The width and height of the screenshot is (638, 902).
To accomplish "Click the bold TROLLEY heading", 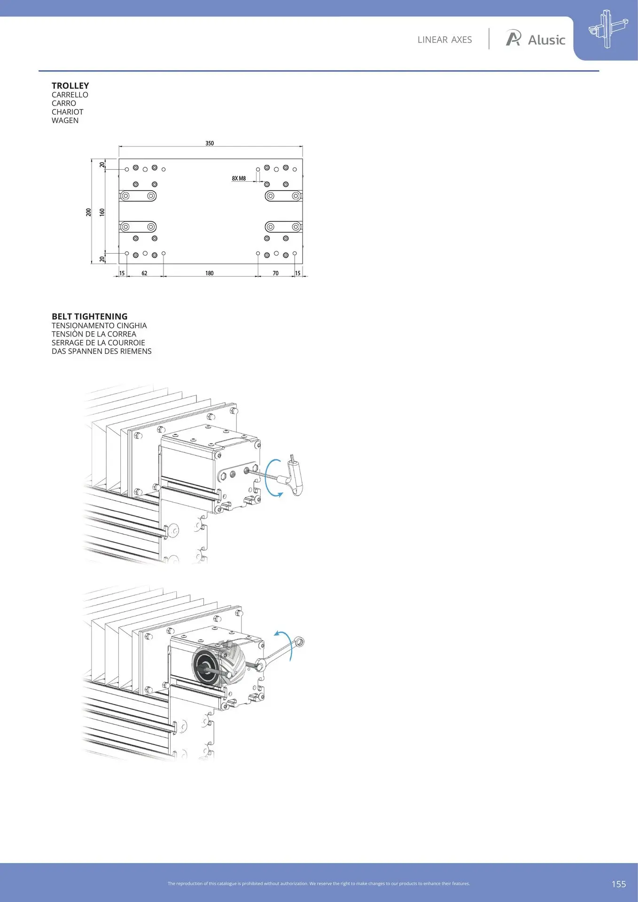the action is [70, 86].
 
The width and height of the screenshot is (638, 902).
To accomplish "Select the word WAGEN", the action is [65, 120].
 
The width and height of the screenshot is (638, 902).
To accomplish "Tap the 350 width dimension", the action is [210, 143].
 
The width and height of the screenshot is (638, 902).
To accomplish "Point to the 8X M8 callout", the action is [239, 179].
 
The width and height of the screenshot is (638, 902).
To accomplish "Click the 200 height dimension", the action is [89, 212].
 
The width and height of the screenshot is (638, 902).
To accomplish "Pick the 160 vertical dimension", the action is [102, 212].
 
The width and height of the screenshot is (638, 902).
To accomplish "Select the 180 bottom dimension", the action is [210, 273].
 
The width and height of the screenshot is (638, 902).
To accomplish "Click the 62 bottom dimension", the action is [144, 273].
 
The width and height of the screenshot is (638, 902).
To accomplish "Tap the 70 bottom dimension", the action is [276, 273].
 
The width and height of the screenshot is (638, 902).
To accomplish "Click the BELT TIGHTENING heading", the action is [90, 317].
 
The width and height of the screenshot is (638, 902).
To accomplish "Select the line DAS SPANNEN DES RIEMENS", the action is [101, 351].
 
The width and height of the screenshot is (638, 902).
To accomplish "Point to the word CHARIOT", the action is [67, 112].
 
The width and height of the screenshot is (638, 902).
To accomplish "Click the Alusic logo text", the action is [546, 40].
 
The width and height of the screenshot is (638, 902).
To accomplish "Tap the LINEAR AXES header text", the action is [444, 40].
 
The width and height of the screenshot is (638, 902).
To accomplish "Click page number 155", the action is [619, 884].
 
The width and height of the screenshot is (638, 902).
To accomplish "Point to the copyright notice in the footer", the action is [319, 884].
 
